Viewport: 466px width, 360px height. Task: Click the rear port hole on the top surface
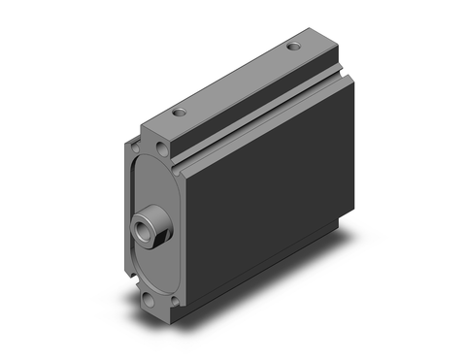(x=293, y=47)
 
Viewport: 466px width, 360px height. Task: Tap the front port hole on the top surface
(x=180, y=114)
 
